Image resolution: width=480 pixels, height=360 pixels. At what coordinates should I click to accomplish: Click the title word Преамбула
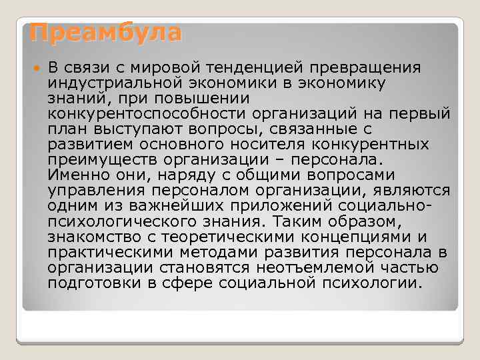click(x=101, y=33)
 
